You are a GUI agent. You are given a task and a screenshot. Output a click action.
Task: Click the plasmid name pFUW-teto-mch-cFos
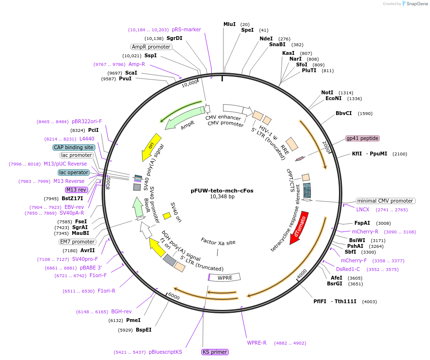[x=222, y=191]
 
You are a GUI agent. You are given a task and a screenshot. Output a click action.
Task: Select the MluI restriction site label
[x=230, y=24]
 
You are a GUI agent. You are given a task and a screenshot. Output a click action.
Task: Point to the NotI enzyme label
[x=327, y=92]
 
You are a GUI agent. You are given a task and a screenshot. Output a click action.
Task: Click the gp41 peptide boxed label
[x=363, y=138]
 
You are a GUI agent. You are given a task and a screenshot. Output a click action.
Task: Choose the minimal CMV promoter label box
[x=385, y=201]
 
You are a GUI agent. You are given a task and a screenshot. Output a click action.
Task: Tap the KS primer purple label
[x=214, y=352]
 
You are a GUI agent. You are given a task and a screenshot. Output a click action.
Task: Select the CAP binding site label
[x=74, y=147]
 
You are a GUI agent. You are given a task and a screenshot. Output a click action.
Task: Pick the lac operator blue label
[x=74, y=172]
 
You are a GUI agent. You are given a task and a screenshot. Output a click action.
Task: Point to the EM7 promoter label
[x=77, y=242]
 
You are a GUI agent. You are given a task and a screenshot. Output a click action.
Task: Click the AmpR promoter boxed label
[x=151, y=47]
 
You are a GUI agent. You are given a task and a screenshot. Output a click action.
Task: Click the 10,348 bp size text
[x=222, y=197]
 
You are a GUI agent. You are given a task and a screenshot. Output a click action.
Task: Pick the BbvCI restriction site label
[x=343, y=114]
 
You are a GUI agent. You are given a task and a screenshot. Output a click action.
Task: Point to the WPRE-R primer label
[x=257, y=343]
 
